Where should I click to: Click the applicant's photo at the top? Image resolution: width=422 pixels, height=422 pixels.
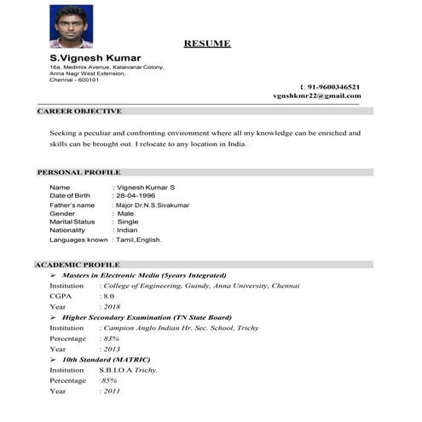click(70, 26)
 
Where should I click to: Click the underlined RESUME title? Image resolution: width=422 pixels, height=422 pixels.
click(207, 43)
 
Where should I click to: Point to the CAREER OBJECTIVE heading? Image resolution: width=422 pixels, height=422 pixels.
click(79, 112)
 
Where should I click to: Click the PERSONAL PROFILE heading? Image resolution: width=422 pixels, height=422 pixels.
click(78, 172)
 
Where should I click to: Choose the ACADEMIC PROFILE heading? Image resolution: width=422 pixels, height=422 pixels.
click(78, 265)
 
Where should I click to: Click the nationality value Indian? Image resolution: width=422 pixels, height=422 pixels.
click(127, 230)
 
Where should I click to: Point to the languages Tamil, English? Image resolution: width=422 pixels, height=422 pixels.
click(139, 240)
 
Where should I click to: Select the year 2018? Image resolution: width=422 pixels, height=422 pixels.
click(112, 306)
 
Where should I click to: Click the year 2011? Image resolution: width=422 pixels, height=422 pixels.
click(112, 390)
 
